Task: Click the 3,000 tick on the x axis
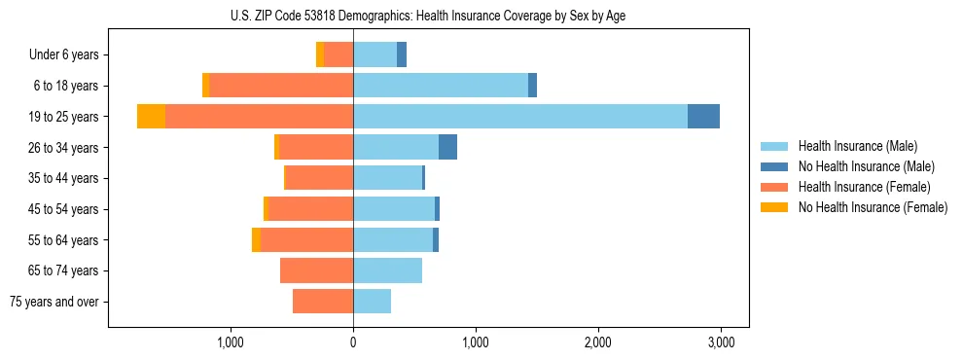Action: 720,342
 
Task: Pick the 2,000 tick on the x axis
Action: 597,342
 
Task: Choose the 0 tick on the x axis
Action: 353,342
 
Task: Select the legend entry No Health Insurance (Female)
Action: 873,207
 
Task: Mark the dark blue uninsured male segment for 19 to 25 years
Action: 703,117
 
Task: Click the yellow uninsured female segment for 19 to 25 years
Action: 151,117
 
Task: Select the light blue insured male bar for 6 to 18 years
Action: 441,86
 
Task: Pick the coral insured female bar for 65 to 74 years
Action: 316,270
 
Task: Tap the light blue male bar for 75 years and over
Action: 372,302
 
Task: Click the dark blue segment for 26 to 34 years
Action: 447,147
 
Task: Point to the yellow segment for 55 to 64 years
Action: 256,239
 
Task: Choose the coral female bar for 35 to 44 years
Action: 319,178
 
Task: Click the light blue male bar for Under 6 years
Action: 374,54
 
